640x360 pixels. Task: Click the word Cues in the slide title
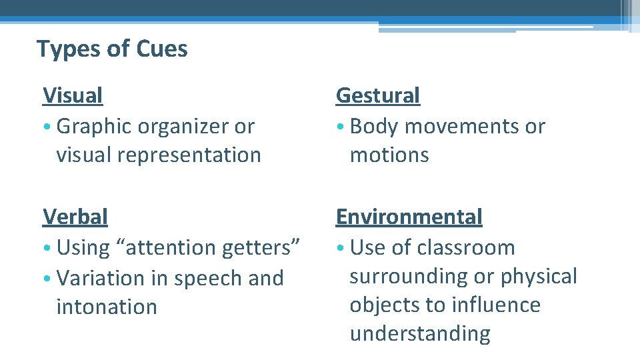coord(162,49)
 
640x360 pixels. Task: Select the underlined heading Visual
coord(73,95)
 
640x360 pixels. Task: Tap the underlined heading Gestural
coord(378,95)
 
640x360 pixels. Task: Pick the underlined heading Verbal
coord(75,217)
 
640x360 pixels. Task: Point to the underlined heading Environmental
coord(409,217)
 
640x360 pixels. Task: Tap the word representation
coord(195,155)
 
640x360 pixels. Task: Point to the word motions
coord(389,155)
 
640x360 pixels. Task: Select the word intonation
coord(107,307)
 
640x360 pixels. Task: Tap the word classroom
coord(466,247)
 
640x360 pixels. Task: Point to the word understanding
coord(420,333)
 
